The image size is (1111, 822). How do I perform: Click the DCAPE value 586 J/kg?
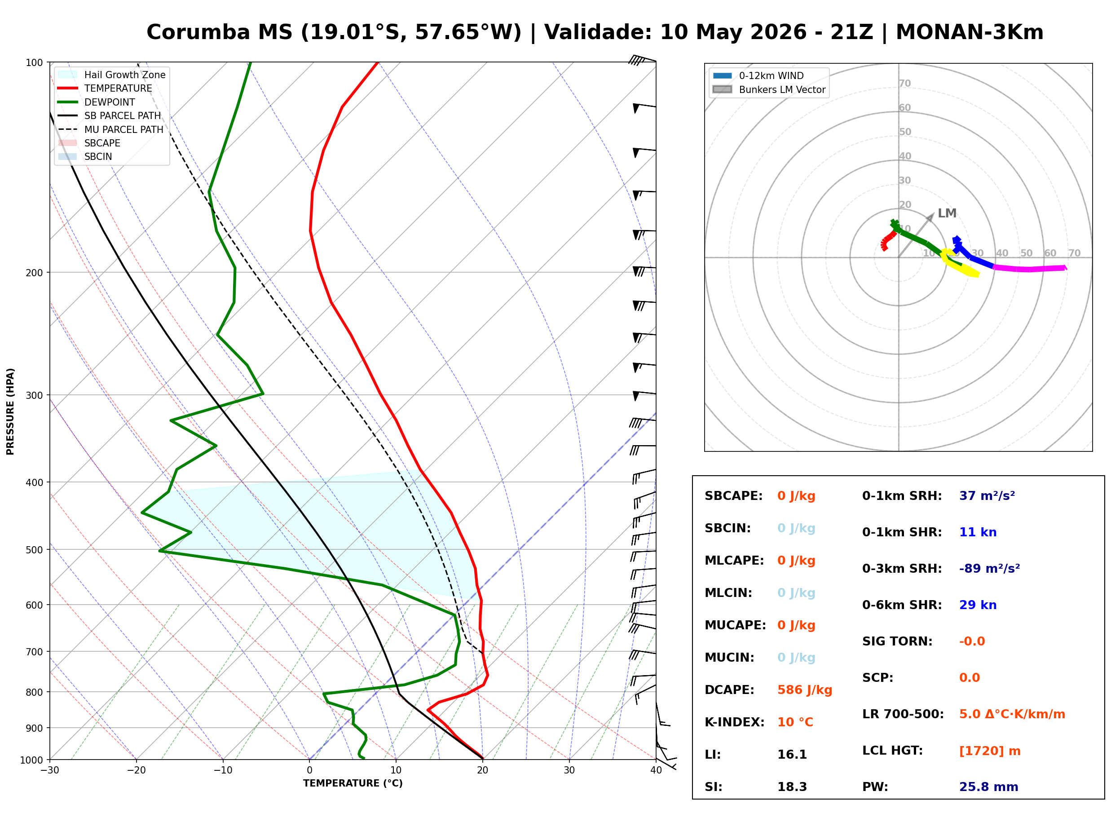coord(804,689)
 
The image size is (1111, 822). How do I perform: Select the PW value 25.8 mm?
coord(988,787)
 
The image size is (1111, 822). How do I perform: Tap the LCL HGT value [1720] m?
coord(990,751)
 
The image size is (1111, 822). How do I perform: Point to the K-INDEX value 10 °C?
coord(795,722)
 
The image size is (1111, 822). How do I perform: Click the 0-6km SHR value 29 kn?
coord(978,605)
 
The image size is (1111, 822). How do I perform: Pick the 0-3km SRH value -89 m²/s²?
coord(989,568)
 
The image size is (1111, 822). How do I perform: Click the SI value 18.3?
coord(792,787)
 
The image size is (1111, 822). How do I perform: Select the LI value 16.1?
coord(792,754)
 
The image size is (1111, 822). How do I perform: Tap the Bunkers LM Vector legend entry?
coord(769,89)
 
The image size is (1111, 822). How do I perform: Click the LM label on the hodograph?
coord(947,213)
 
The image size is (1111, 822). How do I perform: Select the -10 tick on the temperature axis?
coord(223,770)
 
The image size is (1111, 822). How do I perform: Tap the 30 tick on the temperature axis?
coord(569,770)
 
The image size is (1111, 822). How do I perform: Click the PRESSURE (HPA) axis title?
coord(10,411)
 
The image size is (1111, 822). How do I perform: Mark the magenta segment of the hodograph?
coord(1030,269)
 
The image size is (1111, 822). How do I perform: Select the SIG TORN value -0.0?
coord(972,641)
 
